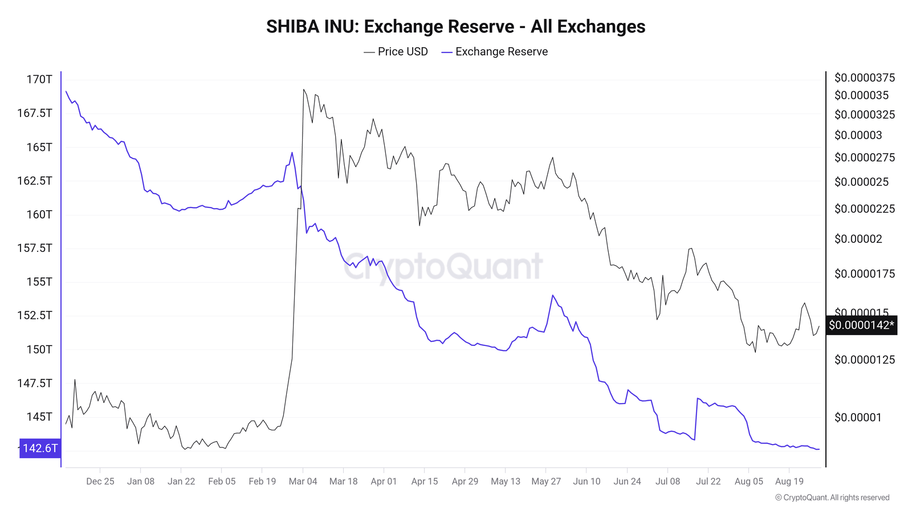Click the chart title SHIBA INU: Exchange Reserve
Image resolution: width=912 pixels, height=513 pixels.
[x=455, y=27]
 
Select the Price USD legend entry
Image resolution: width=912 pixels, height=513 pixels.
[x=396, y=52]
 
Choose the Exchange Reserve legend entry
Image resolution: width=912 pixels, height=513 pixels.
[x=495, y=52]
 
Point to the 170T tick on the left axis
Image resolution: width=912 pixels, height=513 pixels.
[x=39, y=79]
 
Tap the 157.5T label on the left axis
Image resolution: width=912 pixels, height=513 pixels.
[x=35, y=248]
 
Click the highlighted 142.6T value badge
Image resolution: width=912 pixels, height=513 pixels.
[x=39, y=448]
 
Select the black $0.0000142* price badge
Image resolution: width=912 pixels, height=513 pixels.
[x=861, y=325]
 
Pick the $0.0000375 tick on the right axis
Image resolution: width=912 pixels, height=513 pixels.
[x=864, y=78]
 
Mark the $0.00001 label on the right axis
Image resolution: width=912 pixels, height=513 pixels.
[x=857, y=417]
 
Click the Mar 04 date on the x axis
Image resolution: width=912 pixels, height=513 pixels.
[x=303, y=481]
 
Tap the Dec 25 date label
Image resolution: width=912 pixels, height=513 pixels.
[x=100, y=481]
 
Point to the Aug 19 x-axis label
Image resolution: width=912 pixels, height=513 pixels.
[x=789, y=481]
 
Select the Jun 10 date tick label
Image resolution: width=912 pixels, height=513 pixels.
[x=587, y=481]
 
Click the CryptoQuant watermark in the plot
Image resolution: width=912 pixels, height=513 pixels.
[x=443, y=266]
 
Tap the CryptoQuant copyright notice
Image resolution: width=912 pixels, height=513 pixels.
[x=832, y=498]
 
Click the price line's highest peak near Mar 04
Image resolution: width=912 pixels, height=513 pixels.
[x=303, y=89]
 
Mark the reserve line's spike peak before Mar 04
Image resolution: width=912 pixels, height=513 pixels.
[x=292, y=153]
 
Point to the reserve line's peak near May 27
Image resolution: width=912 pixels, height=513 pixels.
[x=552, y=295]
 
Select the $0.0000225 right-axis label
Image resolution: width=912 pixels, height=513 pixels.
[x=864, y=209]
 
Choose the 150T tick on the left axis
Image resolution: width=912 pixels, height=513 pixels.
[x=39, y=349]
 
